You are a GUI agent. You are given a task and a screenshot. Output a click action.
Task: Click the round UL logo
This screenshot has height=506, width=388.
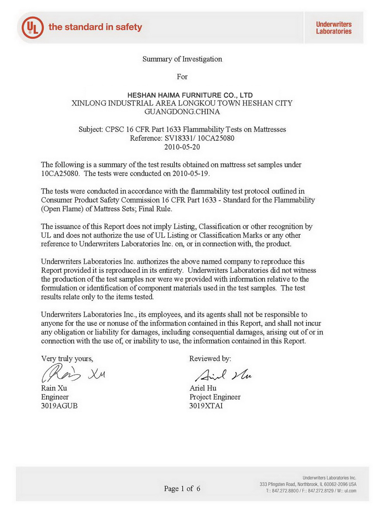(33, 28)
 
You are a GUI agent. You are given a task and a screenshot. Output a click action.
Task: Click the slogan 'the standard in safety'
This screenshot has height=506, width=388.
(95, 27)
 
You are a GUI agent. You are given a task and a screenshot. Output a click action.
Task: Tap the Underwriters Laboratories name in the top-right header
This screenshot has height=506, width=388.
(334, 28)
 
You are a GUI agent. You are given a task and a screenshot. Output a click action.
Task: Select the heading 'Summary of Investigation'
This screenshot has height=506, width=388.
(182, 59)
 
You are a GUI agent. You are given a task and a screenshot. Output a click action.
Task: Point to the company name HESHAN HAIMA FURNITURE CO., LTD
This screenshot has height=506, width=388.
(190, 95)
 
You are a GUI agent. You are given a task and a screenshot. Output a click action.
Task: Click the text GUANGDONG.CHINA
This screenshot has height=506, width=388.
(182, 112)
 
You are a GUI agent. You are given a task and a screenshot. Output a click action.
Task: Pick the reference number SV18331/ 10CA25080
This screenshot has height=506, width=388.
(199, 138)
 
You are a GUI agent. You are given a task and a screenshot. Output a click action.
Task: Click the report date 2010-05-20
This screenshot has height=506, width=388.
(182, 147)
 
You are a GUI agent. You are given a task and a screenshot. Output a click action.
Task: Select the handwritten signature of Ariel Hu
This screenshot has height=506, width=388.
(223, 375)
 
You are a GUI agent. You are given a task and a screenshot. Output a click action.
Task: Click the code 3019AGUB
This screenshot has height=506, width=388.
(59, 406)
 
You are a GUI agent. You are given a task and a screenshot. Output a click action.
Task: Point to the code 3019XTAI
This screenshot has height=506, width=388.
(206, 406)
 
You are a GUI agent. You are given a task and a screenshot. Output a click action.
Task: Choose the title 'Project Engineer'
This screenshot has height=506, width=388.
(215, 397)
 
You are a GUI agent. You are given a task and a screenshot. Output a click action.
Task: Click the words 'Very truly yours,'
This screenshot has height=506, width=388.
(67, 359)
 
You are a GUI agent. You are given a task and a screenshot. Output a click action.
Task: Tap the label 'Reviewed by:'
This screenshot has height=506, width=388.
(210, 359)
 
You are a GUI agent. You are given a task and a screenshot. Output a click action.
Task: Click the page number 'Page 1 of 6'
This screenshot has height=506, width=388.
(182, 489)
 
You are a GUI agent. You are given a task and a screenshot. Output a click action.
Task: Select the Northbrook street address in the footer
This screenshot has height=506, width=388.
(308, 484)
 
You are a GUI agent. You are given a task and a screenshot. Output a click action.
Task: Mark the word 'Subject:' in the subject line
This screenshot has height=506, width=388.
(91, 129)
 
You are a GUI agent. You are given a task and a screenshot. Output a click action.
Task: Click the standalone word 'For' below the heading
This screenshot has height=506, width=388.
(182, 77)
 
